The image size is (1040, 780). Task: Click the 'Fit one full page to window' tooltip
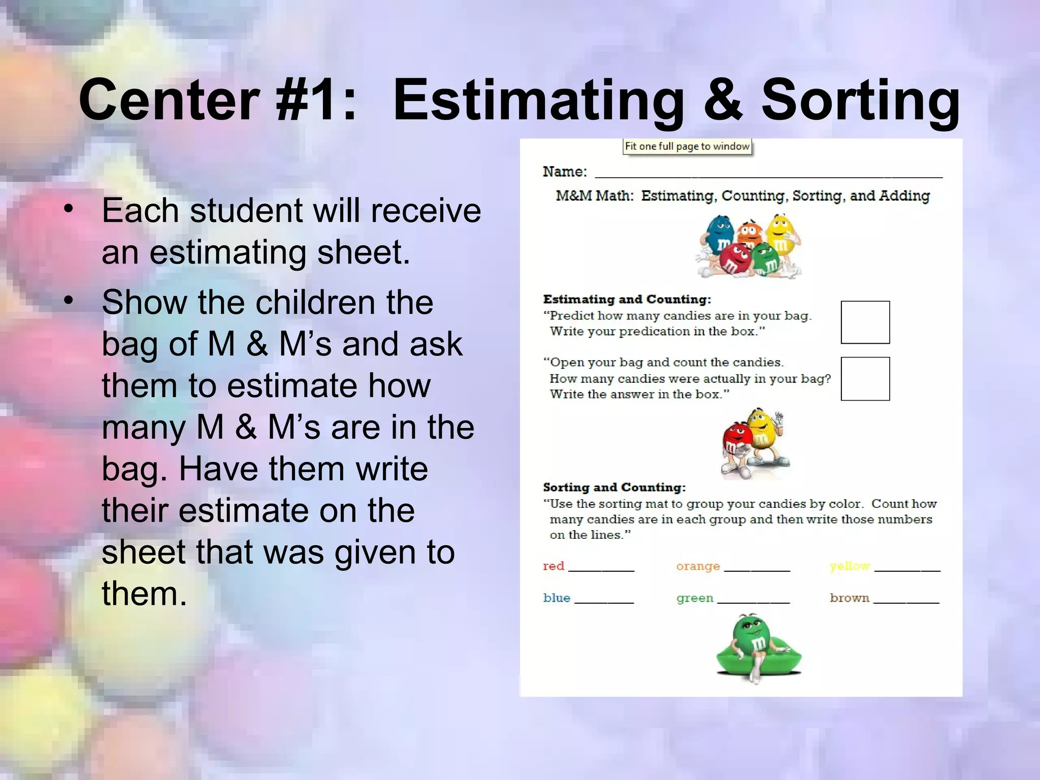(687, 146)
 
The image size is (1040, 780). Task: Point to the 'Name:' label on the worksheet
(565, 172)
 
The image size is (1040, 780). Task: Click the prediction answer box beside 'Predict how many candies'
(865, 322)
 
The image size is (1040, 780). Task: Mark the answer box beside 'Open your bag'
(865, 379)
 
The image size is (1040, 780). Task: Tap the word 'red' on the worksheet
(554, 566)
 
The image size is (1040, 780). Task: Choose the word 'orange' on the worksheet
(698, 566)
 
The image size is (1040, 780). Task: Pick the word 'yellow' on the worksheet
(850, 566)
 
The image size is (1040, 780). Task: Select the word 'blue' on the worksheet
(557, 598)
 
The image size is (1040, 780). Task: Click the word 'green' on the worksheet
(695, 598)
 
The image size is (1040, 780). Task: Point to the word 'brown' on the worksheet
(850, 598)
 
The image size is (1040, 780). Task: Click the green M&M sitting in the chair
(752, 640)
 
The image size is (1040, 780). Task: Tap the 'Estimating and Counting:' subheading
(627, 299)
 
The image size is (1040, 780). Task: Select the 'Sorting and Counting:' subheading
(614, 487)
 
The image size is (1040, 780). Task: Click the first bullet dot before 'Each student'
(69, 209)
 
